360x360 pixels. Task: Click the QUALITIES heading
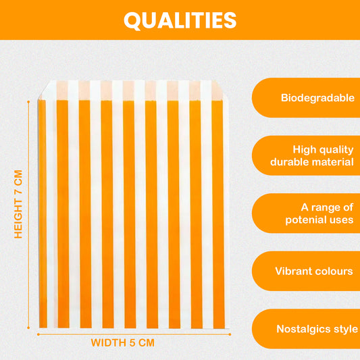pyautogui.click(x=180, y=20)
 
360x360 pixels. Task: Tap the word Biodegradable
pyautogui.click(x=317, y=98)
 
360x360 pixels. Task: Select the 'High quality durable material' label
pyautogui.click(x=312, y=156)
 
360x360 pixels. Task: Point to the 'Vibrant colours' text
pyautogui.click(x=314, y=271)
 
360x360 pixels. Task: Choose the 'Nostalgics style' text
pyautogui.click(x=317, y=329)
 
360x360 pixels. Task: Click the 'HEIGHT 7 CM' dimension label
pyautogui.click(x=18, y=204)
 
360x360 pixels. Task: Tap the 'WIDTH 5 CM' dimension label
pyautogui.click(x=123, y=343)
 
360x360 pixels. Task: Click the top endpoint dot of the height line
pyautogui.click(x=28, y=101)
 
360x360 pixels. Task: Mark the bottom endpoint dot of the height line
pyautogui.click(x=28, y=328)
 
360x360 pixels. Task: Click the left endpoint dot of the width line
pyautogui.click(x=38, y=334)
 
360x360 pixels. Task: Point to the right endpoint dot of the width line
pyautogui.click(x=230, y=334)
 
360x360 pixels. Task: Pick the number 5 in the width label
pyautogui.click(x=132, y=343)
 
